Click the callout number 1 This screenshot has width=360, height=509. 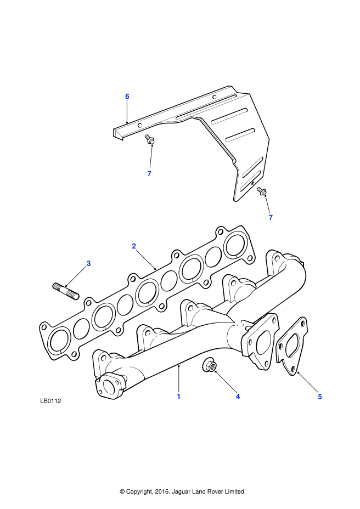(178, 397)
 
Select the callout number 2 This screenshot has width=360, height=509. (134, 246)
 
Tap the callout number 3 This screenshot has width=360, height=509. (89, 264)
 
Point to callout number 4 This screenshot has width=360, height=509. (238, 397)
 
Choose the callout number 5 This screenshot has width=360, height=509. (320, 397)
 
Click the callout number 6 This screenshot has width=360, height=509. (127, 97)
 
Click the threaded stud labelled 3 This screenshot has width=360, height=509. (66, 291)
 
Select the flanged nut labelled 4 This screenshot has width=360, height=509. (209, 365)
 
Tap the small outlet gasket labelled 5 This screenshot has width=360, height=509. (292, 346)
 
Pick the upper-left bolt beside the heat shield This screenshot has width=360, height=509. (149, 139)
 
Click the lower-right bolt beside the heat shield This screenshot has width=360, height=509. (262, 191)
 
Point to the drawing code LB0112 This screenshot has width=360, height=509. (50, 401)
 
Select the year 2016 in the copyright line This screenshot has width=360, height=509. (164, 491)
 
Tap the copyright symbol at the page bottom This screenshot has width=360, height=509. (122, 491)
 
